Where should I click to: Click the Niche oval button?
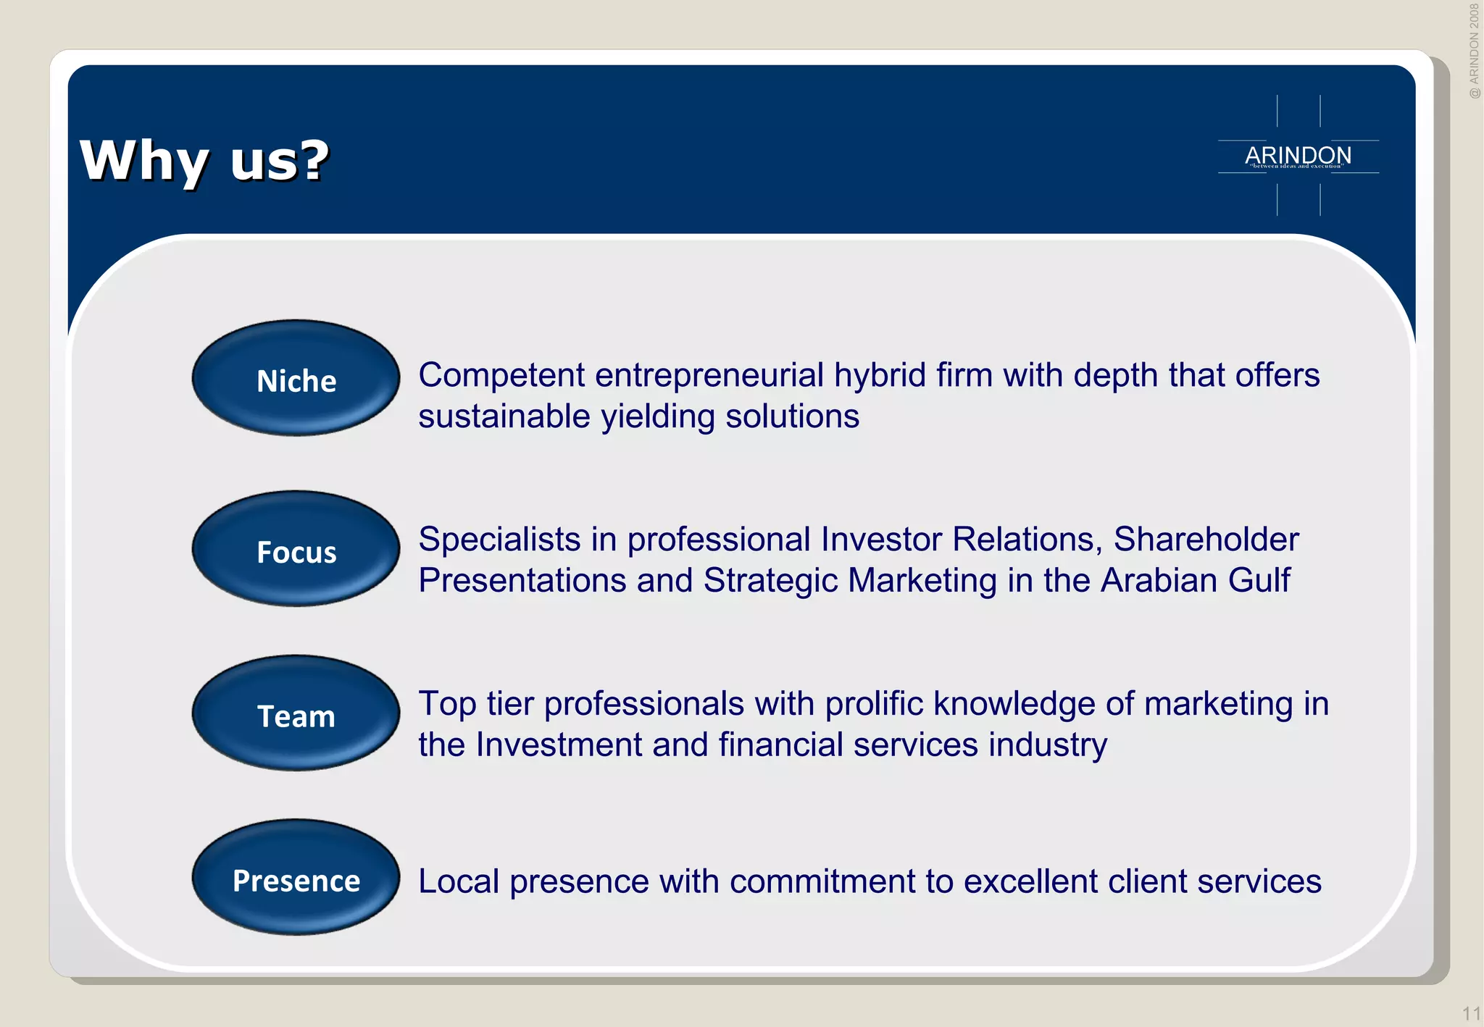(296, 379)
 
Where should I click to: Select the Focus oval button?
(296, 550)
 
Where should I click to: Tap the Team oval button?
(296, 714)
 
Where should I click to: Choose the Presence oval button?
(296, 879)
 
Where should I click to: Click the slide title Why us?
(204, 160)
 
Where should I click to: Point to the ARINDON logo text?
(1298, 155)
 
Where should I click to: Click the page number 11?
(1471, 1013)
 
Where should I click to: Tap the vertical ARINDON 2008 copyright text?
(1474, 51)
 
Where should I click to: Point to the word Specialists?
(499, 540)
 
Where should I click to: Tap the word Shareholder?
(1206, 540)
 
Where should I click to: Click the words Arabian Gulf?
(1195, 581)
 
